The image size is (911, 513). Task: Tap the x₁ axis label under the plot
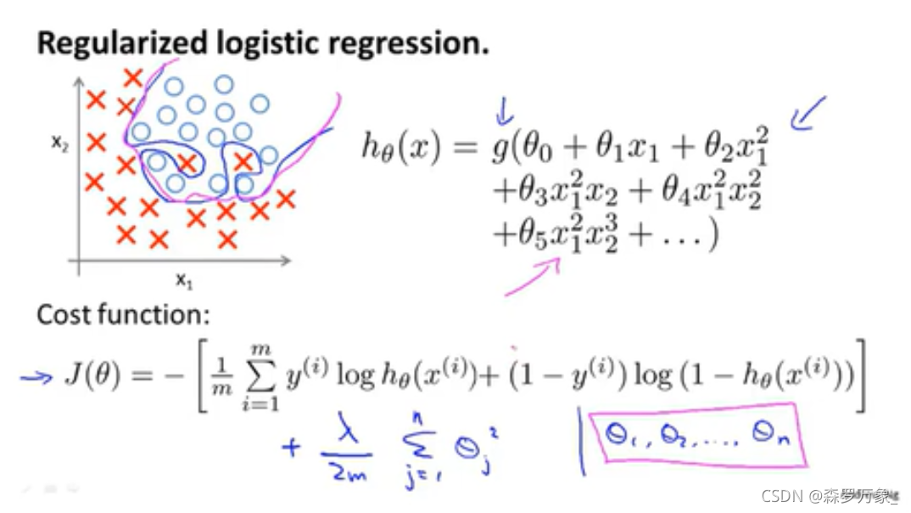coord(182,278)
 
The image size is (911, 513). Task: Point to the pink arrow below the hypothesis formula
coord(534,276)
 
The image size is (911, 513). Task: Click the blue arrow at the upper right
coord(807,114)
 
